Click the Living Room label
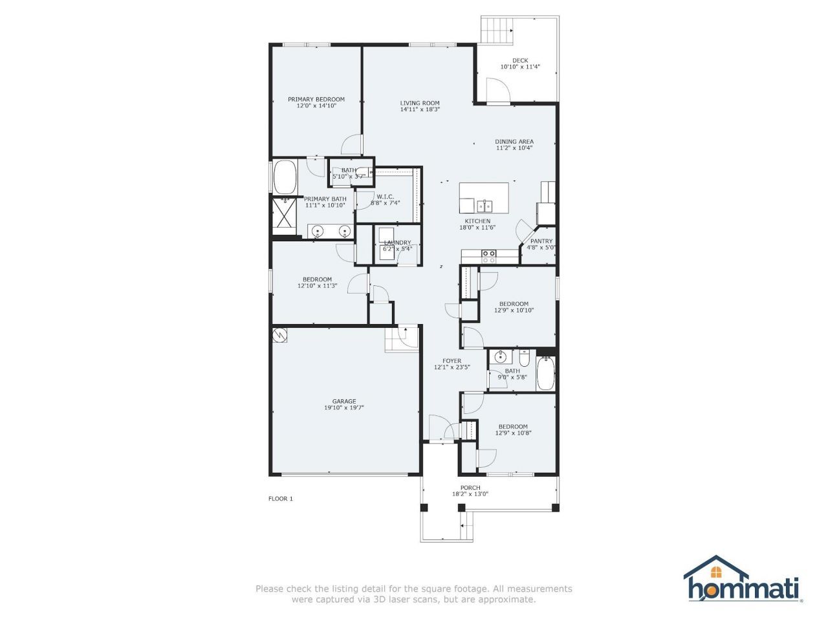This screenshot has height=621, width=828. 420,103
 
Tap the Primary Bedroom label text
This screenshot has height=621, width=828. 316,99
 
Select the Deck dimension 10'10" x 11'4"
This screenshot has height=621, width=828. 520,67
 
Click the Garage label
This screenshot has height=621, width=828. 344,401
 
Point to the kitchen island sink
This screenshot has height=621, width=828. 485,206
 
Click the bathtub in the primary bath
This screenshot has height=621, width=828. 285,176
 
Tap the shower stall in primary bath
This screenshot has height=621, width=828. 283,216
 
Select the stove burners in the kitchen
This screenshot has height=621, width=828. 489,256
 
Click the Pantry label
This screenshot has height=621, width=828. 541,241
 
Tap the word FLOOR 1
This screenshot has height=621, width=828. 281,499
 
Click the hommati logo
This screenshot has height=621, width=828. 743,580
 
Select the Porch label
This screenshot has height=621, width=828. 470,488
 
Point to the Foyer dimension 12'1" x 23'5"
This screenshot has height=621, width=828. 452,367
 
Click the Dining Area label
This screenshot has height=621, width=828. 514,141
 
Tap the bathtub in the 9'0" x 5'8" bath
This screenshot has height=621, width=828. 546,374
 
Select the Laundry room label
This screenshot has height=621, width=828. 397,243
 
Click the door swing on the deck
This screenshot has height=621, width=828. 498,91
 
